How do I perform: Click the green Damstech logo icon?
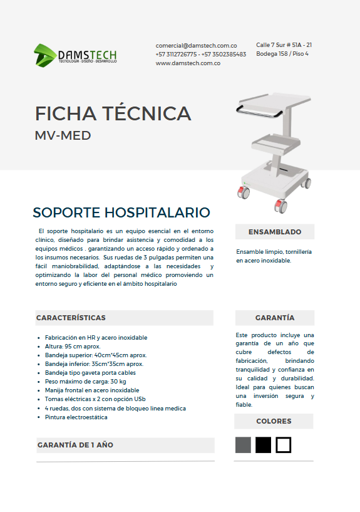tap(44, 55)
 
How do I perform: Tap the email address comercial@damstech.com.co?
tap(196, 46)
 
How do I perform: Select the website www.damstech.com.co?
tap(187, 63)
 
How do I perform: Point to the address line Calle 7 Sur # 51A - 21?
tap(284, 45)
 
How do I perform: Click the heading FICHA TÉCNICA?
tap(113, 113)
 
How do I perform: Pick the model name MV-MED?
tap(63, 135)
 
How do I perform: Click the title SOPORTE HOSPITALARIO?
tap(121, 212)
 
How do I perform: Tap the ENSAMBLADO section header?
tap(274, 232)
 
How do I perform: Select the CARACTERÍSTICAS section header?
tap(71, 318)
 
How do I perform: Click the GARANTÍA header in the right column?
tap(274, 318)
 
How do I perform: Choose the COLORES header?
tap(274, 421)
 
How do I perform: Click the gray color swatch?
tap(243, 445)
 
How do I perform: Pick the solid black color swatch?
tap(264, 445)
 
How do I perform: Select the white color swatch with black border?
tap(284, 445)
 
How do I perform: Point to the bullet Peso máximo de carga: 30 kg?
tap(86, 381)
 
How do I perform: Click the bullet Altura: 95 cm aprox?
tap(73, 346)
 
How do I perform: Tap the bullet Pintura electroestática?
tap(76, 417)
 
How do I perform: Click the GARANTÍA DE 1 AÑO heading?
tap(75, 445)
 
